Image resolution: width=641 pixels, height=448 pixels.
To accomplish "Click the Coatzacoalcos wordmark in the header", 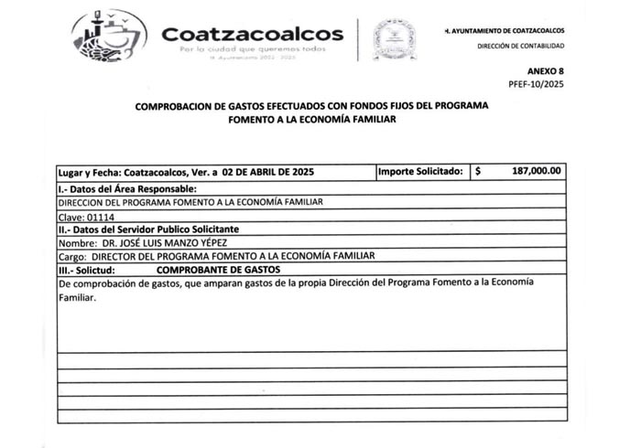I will [x=252, y=34].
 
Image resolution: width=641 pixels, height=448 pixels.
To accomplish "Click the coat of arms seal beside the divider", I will [x=394, y=38].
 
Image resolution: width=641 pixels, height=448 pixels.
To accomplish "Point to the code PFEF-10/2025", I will [x=537, y=83].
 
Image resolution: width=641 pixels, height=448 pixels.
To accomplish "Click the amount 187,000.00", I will [x=538, y=171].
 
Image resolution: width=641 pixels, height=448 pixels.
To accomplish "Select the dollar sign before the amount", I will [x=478, y=171].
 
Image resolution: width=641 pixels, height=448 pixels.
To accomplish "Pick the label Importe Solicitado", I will [x=421, y=171].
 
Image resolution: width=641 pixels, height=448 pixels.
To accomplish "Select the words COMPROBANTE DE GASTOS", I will [x=219, y=271].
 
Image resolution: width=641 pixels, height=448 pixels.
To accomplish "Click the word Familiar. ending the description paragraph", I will [x=76, y=297].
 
